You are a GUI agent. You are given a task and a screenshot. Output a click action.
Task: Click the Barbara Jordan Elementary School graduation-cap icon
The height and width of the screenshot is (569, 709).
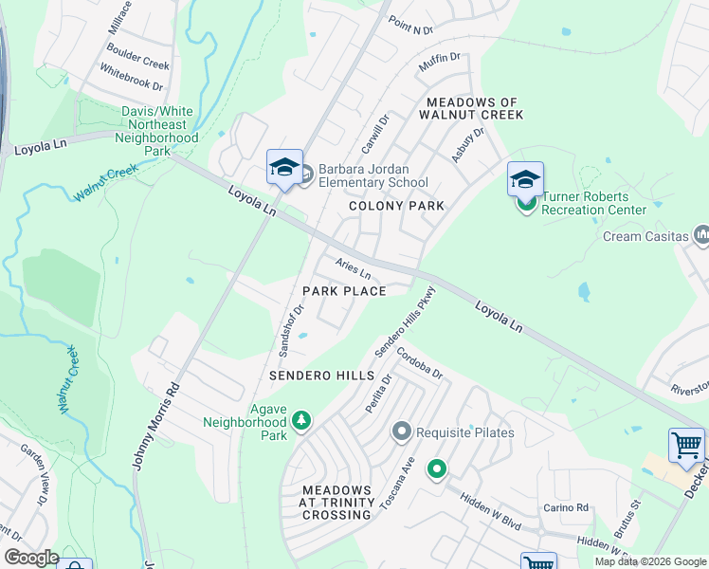(284, 168)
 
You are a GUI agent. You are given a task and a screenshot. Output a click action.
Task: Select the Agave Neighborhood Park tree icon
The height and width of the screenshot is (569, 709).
(301, 419)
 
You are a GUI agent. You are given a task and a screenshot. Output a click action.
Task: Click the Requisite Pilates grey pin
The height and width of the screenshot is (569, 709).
(401, 432)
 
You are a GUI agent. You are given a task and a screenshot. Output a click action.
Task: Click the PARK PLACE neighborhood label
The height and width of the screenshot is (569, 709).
(344, 291)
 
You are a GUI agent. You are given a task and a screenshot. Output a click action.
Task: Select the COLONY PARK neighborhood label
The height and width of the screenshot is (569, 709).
(396, 206)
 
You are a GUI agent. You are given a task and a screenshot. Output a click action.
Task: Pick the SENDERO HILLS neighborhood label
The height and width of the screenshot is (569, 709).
(321, 376)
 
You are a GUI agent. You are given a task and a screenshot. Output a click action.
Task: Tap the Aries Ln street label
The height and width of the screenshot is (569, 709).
(352, 268)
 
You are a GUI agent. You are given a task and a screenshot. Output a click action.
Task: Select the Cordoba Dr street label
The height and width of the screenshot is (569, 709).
(420, 361)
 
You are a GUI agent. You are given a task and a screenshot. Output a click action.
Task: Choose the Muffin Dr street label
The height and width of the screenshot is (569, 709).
(439, 64)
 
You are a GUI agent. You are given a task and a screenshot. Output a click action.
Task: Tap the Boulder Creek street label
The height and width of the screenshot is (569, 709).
(137, 56)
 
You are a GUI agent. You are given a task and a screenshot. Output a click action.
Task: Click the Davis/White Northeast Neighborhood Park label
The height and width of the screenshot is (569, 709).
(160, 131)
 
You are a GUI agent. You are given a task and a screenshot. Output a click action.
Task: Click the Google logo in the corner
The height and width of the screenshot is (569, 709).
(31, 558)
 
